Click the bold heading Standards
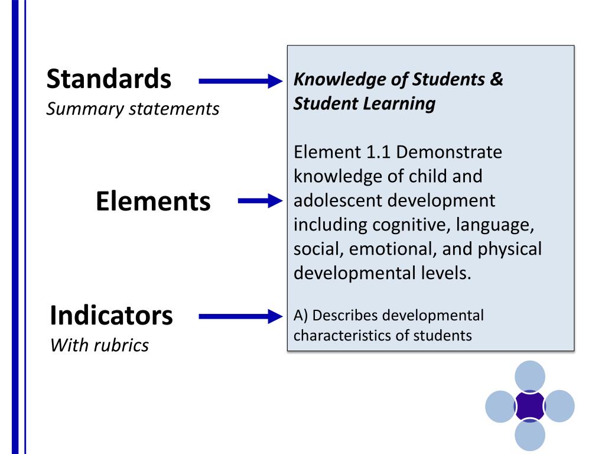click(109, 79)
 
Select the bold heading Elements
click(152, 202)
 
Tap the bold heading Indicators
click(111, 316)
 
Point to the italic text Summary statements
click(132, 109)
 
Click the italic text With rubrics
click(99, 345)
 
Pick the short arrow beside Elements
click(261, 202)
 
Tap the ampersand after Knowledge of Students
click(496, 79)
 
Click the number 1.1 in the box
click(378, 153)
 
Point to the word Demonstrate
click(449, 153)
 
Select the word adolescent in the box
click(338, 200)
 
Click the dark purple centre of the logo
click(529, 406)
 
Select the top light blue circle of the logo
click(529, 376)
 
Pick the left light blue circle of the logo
click(500, 406)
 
